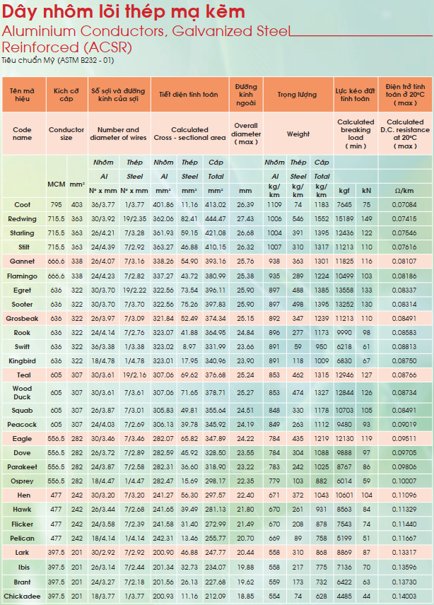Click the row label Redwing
[22, 219]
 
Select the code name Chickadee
[22, 596]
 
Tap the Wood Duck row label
[22, 392]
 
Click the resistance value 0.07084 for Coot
[404, 204]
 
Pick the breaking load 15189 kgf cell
[344, 219]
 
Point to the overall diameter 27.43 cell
[245, 219]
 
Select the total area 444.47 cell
[216, 219]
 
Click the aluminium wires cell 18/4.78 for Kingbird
[103, 360]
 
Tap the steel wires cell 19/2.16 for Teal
[134, 375]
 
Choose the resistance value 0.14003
[404, 596]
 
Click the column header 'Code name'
[22, 134]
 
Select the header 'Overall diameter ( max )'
[246, 134]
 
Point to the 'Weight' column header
[298, 134]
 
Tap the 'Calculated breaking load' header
[356, 129]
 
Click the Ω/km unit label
[404, 191]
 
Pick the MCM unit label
[57, 184]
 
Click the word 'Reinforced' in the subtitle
[40, 47]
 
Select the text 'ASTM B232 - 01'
[86, 60]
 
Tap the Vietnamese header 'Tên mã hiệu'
[22, 95]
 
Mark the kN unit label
[366, 191]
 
